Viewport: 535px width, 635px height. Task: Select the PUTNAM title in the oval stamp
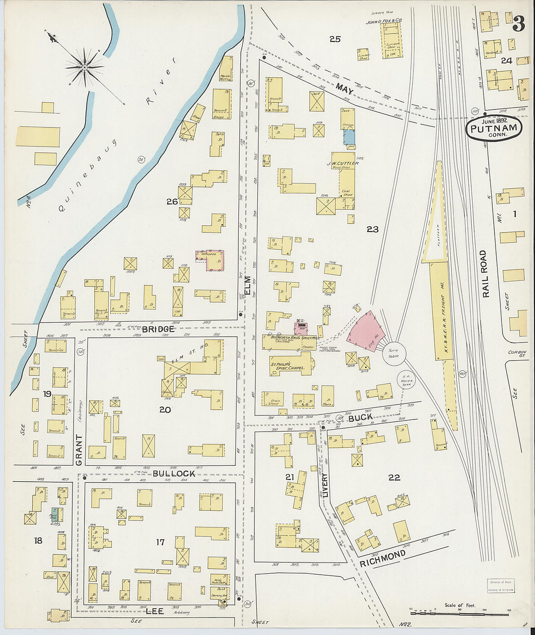coord(494,129)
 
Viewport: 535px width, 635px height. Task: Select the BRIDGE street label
coord(159,329)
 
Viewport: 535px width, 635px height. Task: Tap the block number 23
coord(373,229)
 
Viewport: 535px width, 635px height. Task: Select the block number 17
coord(160,542)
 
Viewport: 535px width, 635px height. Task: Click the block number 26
coord(172,201)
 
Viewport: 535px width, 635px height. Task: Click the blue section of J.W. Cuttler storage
coord(349,137)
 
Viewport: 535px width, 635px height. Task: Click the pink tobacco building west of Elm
coord(211,260)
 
